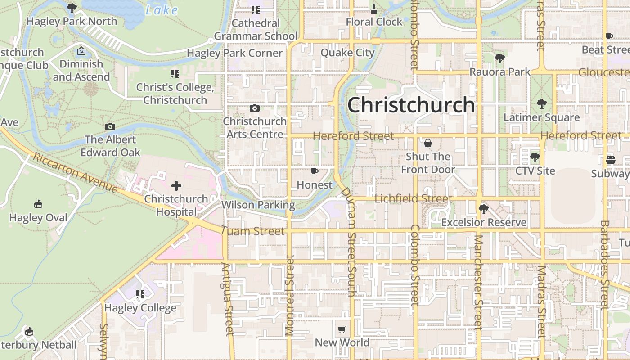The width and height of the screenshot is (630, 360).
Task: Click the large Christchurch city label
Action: point(411,105)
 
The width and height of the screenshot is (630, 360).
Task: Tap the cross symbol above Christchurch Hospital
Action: point(176,185)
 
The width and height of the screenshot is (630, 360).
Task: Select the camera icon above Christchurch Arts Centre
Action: point(255,108)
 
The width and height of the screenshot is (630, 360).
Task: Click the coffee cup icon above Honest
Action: point(315,171)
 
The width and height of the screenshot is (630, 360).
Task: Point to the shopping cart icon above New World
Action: point(342,329)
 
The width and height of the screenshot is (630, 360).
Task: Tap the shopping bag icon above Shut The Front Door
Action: point(428,143)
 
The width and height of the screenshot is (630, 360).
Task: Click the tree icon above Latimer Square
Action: point(542,104)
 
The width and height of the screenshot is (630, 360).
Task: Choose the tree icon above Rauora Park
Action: point(499,58)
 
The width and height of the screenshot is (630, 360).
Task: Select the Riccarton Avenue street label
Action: point(75,173)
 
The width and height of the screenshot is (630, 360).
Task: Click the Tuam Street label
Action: point(253,231)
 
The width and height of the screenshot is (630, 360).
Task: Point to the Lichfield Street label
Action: point(413,198)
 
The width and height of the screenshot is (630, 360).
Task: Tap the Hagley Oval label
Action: point(38,218)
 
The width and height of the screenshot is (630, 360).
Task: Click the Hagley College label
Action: point(140,308)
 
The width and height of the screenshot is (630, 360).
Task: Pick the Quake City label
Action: point(347,53)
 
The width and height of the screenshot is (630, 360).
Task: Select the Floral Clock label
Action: point(374,22)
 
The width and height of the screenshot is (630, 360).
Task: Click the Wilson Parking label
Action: point(258,205)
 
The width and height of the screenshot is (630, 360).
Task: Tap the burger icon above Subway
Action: point(611,160)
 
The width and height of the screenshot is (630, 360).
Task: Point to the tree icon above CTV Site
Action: point(535,157)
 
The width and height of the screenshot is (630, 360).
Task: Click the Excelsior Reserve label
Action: point(484,222)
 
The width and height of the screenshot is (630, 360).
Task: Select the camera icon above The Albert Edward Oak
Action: point(110,126)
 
